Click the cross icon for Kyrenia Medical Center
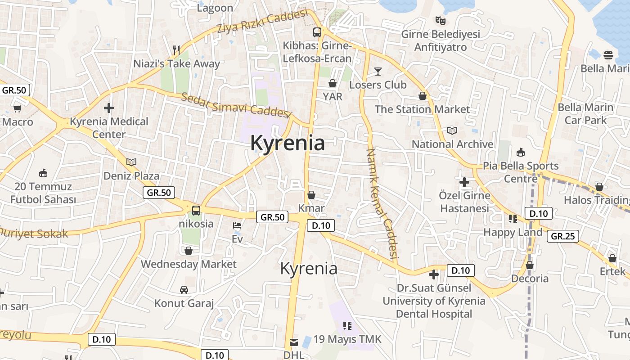click(108, 108)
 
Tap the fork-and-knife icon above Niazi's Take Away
click(176, 50)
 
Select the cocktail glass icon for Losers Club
click(378, 71)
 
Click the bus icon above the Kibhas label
click(317, 32)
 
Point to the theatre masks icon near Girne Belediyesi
click(440, 20)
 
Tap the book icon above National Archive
click(452, 130)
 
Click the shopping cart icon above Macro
click(18, 108)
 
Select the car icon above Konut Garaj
click(184, 289)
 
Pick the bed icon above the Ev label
click(237, 225)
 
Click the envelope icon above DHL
click(294, 342)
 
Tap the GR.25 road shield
click(563, 236)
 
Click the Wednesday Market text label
click(189, 264)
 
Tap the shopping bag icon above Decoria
click(530, 265)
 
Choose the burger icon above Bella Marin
click(608, 55)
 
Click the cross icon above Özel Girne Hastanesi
click(464, 182)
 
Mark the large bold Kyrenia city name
click(288, 143)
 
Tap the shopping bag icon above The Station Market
click(423, 96)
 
